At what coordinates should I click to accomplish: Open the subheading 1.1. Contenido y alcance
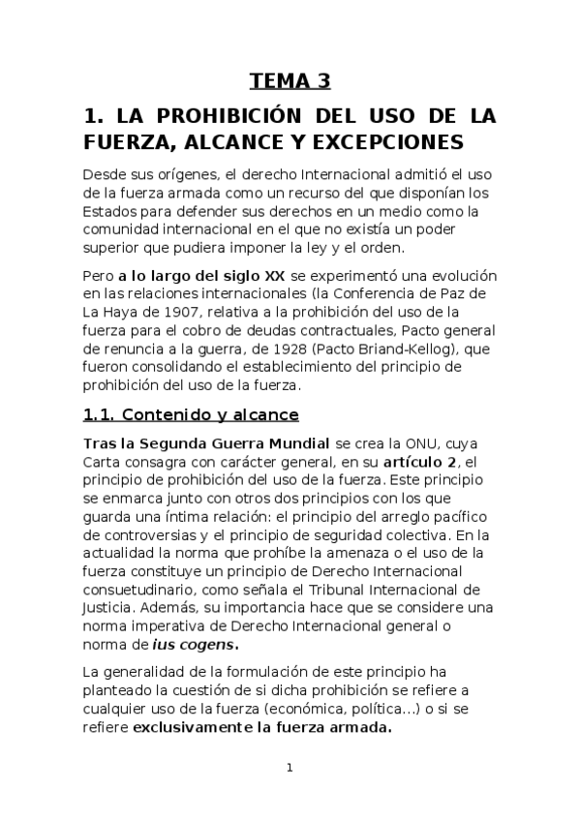(x=190, y=415)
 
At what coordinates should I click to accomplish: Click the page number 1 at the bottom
(x=290, y=768)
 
